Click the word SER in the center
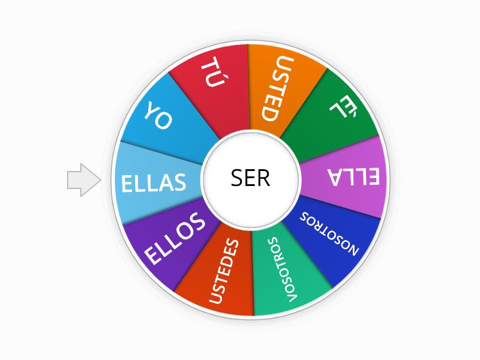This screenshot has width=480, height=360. click(x=250, y=178)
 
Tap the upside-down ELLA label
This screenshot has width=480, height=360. click(x=353, y=176)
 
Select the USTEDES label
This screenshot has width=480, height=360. click(x=224, y=271)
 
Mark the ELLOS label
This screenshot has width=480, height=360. click(x=175, y=239)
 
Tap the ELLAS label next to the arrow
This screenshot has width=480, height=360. click(x=154, y=182)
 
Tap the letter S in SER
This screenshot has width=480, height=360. click(x=236, y=178)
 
